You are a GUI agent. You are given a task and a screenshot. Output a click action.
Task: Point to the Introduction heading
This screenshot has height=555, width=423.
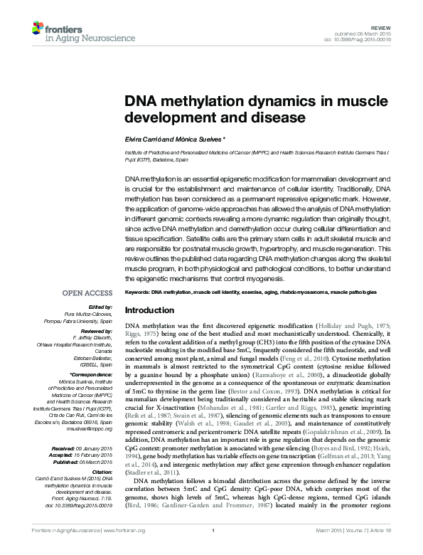[154, 311]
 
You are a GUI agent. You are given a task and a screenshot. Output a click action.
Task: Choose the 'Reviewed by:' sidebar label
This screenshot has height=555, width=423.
[95, 331]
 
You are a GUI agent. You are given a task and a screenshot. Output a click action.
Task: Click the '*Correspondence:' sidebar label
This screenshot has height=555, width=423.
[91, 374]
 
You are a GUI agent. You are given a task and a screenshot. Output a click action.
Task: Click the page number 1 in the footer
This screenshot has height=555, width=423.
[213, 549]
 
